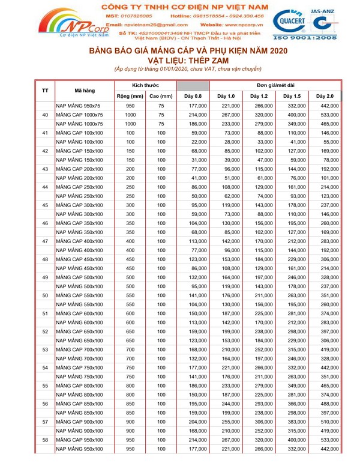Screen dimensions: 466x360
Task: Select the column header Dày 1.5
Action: (292, 96)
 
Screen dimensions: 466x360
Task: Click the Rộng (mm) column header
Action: (130, 96)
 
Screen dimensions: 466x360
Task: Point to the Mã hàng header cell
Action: (85, 91)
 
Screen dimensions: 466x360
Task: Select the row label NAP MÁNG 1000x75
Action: (80, 123)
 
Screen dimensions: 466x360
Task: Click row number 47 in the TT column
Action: (45, 240)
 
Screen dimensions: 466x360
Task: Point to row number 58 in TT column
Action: (45, 440)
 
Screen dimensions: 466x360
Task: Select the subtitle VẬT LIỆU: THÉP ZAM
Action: (180, 60)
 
